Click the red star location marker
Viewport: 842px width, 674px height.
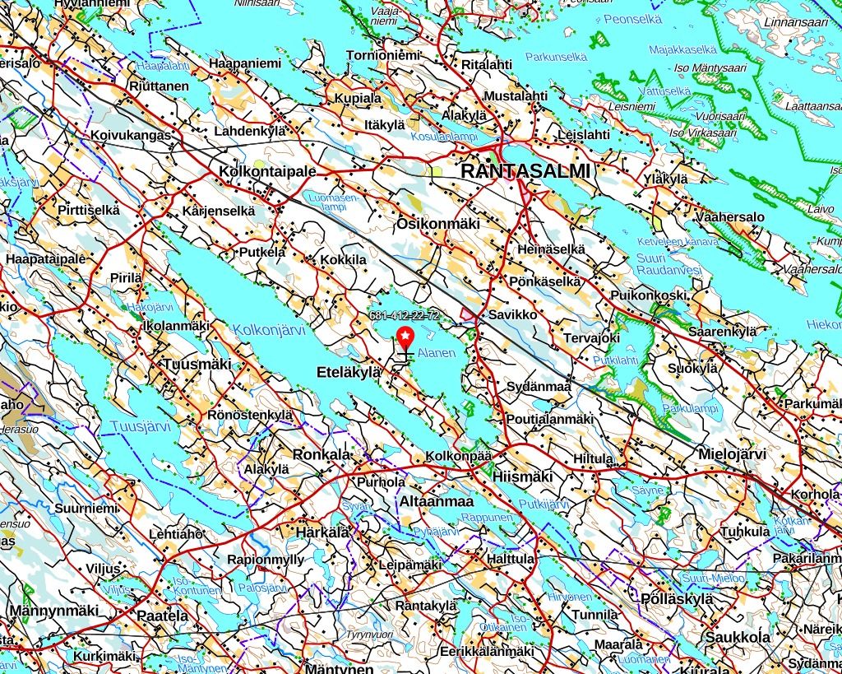pos(405,337)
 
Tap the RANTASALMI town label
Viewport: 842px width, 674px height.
pos(526,171)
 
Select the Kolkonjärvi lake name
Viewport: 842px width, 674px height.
pos(269,330)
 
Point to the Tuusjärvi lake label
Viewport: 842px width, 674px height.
pos(139,425)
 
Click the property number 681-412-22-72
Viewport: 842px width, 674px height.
pos(405,316)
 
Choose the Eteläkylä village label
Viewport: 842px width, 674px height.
pos(349,373)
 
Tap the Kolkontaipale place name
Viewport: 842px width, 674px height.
pos(268,171)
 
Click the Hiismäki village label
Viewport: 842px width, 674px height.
pos(522,476)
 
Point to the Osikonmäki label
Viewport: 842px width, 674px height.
pos(437,224)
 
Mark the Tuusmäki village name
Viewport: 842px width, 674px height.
pos(197,364)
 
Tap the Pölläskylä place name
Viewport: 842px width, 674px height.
pos(677,598)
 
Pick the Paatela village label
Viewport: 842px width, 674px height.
pos(163,615)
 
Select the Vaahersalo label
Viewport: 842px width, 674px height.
pos(729,217)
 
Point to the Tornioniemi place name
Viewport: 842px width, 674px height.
pos(383,55)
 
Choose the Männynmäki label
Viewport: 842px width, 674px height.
pos(53,610)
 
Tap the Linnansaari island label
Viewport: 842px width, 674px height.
pos(796,22)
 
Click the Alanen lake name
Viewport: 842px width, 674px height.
pos(436,353)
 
